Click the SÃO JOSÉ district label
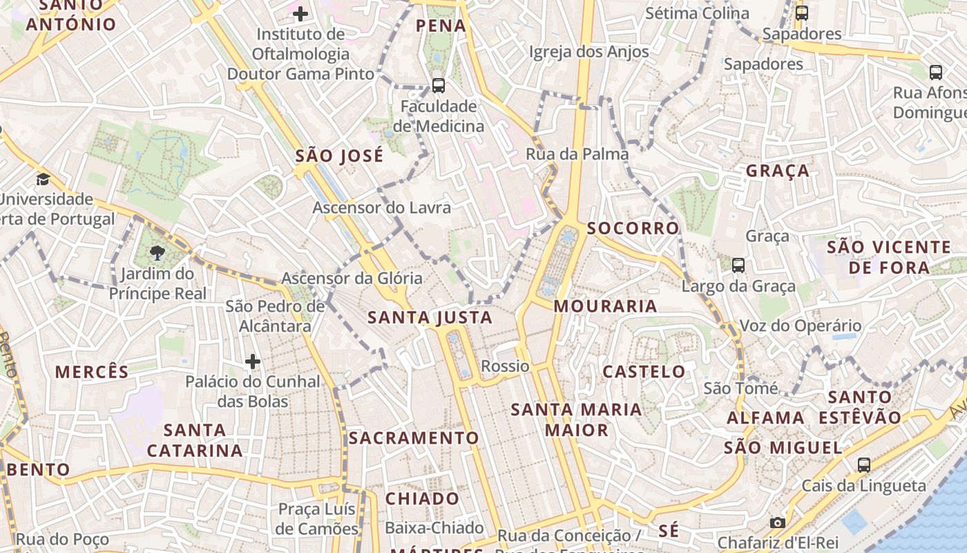[x=339, y=156]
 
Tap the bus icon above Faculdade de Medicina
[x=439, y=86]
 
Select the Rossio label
[x=506, y=366]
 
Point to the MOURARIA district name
[x=605, y=306]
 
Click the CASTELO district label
[x=644, y=372]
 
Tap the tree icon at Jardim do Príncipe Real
[x=158, y=253]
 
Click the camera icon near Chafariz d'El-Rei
[x=778, y=523]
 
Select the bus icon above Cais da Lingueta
[x=864, y=465]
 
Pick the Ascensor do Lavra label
[x=381, y=207]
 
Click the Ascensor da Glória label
[x=352, y=279]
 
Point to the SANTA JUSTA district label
[x=430, y=318]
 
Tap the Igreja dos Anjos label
[x=589, y=52]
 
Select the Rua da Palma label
[x=577, y=154]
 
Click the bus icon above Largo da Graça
[x=738, y=265]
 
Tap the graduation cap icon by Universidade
[x=44, y=180]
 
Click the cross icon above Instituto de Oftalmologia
[x=300, y=14]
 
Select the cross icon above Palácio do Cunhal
[x=253, y=362]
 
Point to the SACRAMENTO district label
[x=413, y=438]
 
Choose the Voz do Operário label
[x=801, y=326]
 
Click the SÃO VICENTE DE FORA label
[x=889, y=257]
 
